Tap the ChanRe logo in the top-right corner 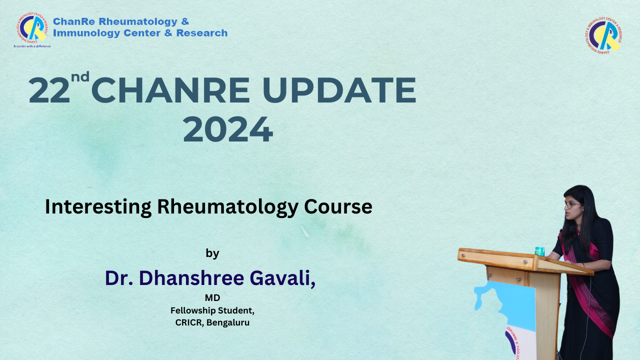pyautogui.click(x=603, y=35)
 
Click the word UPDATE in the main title pyautogui.click(x=339, y=90)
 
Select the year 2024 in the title pyautogui.click(x=228, y=129)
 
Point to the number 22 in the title pyautogui.click(x=49, y=90)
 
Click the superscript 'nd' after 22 pyautogui.click(x=80, y=76)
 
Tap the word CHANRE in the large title pyautogui.click(x=170, y=90)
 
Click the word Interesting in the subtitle pyautogui.click(x=98, y=207)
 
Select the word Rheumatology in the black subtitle pyautogui.click(x=227, y=207)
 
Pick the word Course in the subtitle pyautogui.click(x=338, y=206)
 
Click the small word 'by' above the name pyautogui.click(x=212, y=253)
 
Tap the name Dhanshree pyautogui.click(x=191, y=277)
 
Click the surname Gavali pyautogui.click(x=282, y=278)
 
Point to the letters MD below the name pyautogui.click(x=212, y=297)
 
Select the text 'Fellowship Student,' pyautogui.click(x=212, y=310)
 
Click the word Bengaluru pyautogui.click(x=228, y=322)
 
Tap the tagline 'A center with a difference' pyautogui.click(x=32, y=46)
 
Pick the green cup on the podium pyautogui.click(x=539, y=251)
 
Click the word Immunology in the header pyautogui.click(x=86, y=33)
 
